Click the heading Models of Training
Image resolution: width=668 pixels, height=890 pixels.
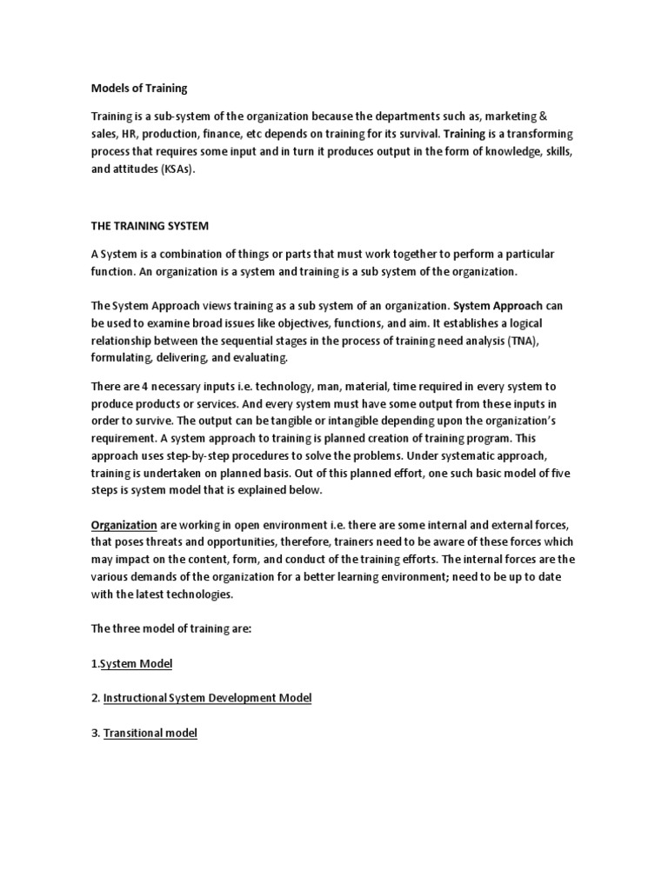(x=139, y=88)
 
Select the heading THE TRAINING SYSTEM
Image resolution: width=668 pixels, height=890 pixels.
(x=150, y=225)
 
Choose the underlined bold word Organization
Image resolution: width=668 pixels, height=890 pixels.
(x=124, y=525)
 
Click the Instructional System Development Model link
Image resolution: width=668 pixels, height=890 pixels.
(x=207, y=698)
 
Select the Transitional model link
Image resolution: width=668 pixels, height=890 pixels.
(x=150, y=733)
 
